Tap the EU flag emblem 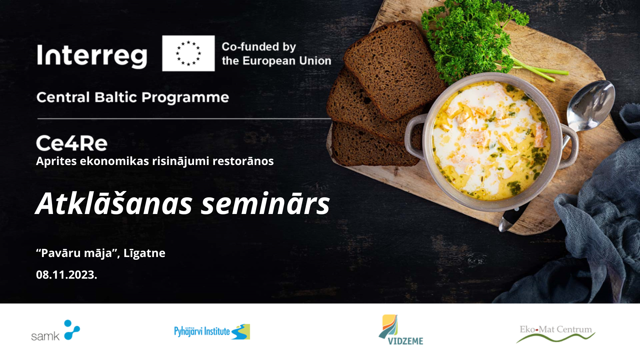pyautogui.click(x=188, y=53)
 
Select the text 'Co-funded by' pyautogui.click(x=259, y=47)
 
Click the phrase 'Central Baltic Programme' pyautogui.click(x=133, y=97)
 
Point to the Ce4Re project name pyautogui.click(x=72, y=143)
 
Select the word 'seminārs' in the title pyautogui.click(x=266, y=203)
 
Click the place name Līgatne pyautogui.click(x=144, y=253)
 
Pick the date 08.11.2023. pyautogui.click(x=67, y=275)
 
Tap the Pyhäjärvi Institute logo pyautogui.click(x=212, y=332)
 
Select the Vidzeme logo pyautogui.click(x=401, y=330)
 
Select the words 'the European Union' pyautogui.click(x=277, y=61)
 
